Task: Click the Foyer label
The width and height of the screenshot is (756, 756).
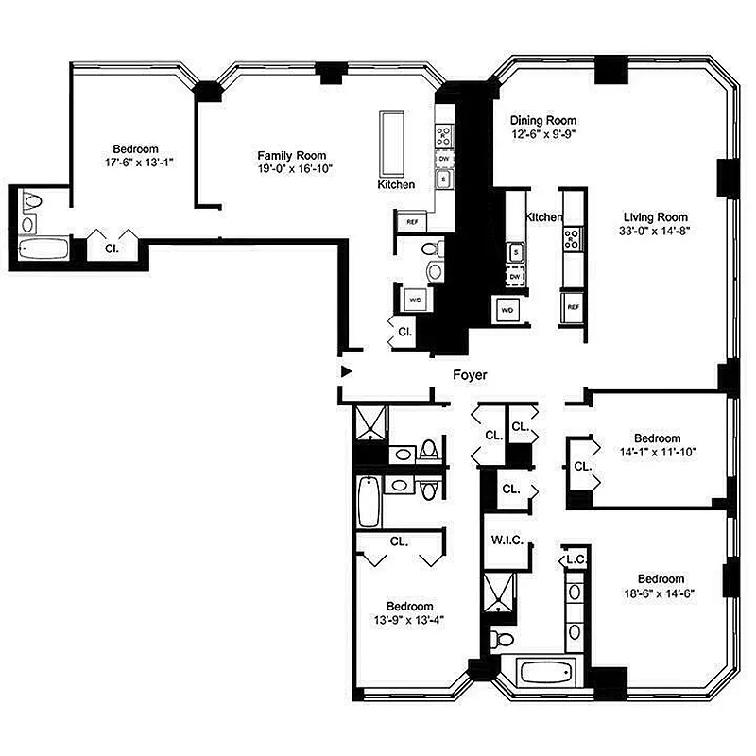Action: [x=470, y=375]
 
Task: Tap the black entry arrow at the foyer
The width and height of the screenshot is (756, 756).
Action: [x=347, y=371]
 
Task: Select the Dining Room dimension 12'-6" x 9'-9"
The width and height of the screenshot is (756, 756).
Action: [x=542, y=135]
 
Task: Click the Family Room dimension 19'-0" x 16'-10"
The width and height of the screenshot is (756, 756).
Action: [x=292, y=169]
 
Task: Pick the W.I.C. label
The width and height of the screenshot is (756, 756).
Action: [x=507, y=541]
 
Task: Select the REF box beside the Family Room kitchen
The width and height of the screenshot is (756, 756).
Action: [x=412, y=222]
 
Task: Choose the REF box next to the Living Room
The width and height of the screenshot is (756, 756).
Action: [x=573, y=307]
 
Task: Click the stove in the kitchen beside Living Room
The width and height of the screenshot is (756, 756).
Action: [x=573, y=240]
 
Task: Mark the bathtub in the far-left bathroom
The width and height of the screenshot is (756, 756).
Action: [x=44, y=250]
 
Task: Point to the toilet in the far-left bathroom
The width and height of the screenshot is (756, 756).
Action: [x=32, y=202]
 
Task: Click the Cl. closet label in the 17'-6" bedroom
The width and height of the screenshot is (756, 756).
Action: [x=112, y=249]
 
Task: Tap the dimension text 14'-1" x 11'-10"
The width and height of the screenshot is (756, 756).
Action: [x=657, y=453]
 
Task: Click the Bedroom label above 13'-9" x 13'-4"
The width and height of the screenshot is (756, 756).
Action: [x=409, y=607]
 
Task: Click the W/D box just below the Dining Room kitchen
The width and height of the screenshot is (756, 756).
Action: [x=507, y=309]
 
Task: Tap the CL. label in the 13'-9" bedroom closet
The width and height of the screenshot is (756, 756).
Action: [x=399, y=542]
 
